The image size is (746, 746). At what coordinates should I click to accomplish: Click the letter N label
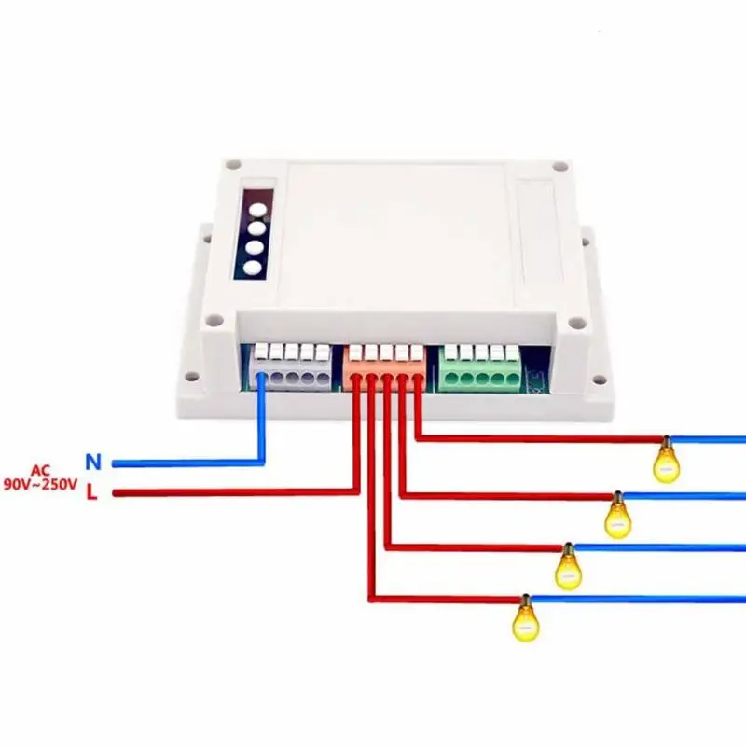tap(91, 461)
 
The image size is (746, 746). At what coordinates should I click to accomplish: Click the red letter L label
tap(91, 492)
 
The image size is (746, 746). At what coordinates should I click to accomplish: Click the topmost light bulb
tap(666, 461)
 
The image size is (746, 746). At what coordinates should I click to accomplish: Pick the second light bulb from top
tap(617, 516)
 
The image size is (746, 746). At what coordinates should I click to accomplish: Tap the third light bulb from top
tap(568, 567)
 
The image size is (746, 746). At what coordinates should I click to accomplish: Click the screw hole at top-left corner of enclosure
tap(228, 168)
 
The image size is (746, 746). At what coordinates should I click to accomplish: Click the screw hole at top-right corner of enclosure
tap(559, 168)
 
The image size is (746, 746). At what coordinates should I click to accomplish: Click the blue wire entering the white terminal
tap(263, 420)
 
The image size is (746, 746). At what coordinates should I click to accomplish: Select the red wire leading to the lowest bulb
tap(438, 599)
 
